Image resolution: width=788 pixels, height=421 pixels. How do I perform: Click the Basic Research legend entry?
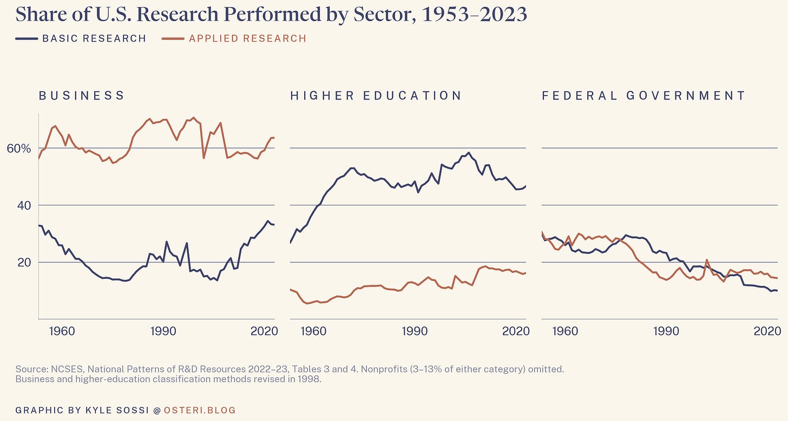(81, 38)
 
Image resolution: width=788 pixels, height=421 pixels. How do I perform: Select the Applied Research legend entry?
(234, 38)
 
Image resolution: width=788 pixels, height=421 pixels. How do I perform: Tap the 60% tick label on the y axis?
(19, 149)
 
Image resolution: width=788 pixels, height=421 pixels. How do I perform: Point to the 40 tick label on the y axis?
(24, 205)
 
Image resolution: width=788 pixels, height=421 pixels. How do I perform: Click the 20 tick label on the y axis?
(24, 263)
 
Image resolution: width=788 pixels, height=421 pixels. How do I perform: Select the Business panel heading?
(82, 96)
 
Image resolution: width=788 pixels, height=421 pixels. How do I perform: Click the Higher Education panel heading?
(376, 96)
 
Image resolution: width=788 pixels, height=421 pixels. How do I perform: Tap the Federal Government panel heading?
(644, 96)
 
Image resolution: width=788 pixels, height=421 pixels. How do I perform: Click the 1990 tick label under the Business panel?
(163, 331)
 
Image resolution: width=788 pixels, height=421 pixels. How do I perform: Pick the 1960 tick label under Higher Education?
(313, 331)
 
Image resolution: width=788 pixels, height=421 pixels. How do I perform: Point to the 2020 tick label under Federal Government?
(767, 331)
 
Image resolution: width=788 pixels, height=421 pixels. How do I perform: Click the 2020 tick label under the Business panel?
(264, 331)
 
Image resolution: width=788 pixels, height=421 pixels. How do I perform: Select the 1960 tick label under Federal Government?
(565, 331)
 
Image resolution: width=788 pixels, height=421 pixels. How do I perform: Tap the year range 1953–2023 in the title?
(475, 15)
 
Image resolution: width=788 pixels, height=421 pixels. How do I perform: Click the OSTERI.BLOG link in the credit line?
(200, 410)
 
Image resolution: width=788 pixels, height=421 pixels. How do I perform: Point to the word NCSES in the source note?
(67, 369)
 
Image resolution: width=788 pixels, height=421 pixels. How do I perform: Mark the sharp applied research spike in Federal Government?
(706, 260)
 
